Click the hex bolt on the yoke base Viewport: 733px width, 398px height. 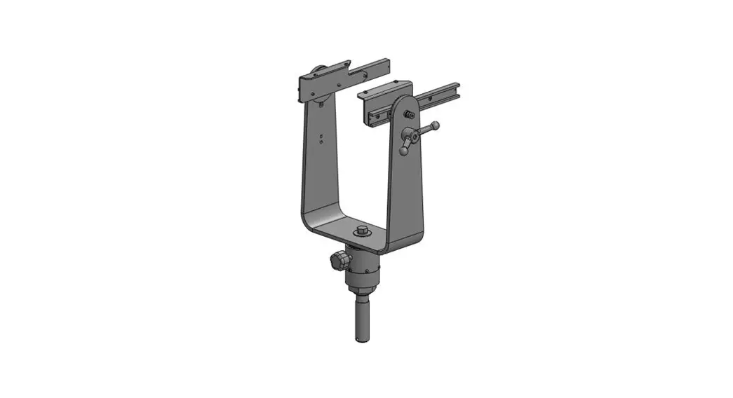pos(362,231)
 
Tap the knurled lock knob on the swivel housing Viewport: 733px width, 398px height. pos(336,261)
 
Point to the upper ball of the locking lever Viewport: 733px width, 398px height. pos(435,125)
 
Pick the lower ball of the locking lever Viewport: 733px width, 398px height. pos(403,150)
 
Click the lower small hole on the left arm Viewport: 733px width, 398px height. pos(321,140)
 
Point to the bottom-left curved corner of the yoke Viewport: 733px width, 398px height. pos(309,223)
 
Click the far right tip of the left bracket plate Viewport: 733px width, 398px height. pos(387,62)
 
